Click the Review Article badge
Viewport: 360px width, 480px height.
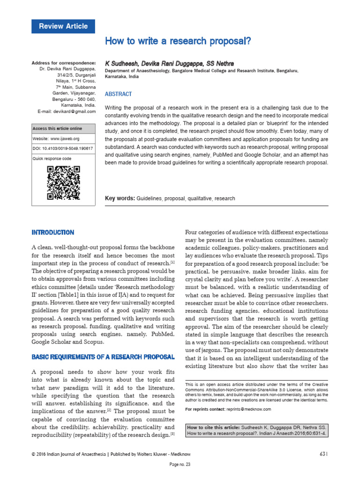pos(63,26)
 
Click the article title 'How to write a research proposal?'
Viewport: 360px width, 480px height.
pos(178,41)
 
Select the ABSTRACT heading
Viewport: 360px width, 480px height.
pos(119,94)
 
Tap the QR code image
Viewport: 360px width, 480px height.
pos(64,183)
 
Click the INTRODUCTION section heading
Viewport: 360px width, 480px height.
pos(52,232)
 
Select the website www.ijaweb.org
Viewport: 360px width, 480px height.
pos(65,139)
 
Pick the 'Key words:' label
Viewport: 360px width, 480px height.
pos(120,198)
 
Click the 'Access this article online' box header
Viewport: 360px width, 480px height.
pos(57,128)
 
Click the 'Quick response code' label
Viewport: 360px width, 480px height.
pos(52,158)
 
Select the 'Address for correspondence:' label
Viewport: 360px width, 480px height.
pos(63,63)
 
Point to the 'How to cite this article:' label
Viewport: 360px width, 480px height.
pos(214,427)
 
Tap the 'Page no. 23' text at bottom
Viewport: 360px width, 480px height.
pos(180,465)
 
